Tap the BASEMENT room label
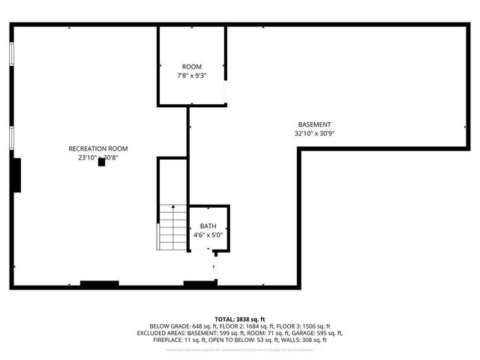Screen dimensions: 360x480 click(x=314, y=124)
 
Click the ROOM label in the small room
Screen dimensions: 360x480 click(x=192, y=67)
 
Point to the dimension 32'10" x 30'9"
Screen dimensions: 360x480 click(x=314, y=133)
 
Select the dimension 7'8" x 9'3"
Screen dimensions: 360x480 click(x=192, y=76)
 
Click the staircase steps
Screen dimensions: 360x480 click(x=172, y=227)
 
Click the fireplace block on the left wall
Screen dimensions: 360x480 click(x=16, y=174)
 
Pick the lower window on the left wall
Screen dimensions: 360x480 click(x=11, y=136)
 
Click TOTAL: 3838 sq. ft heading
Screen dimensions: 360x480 click(x=240, y=319)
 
